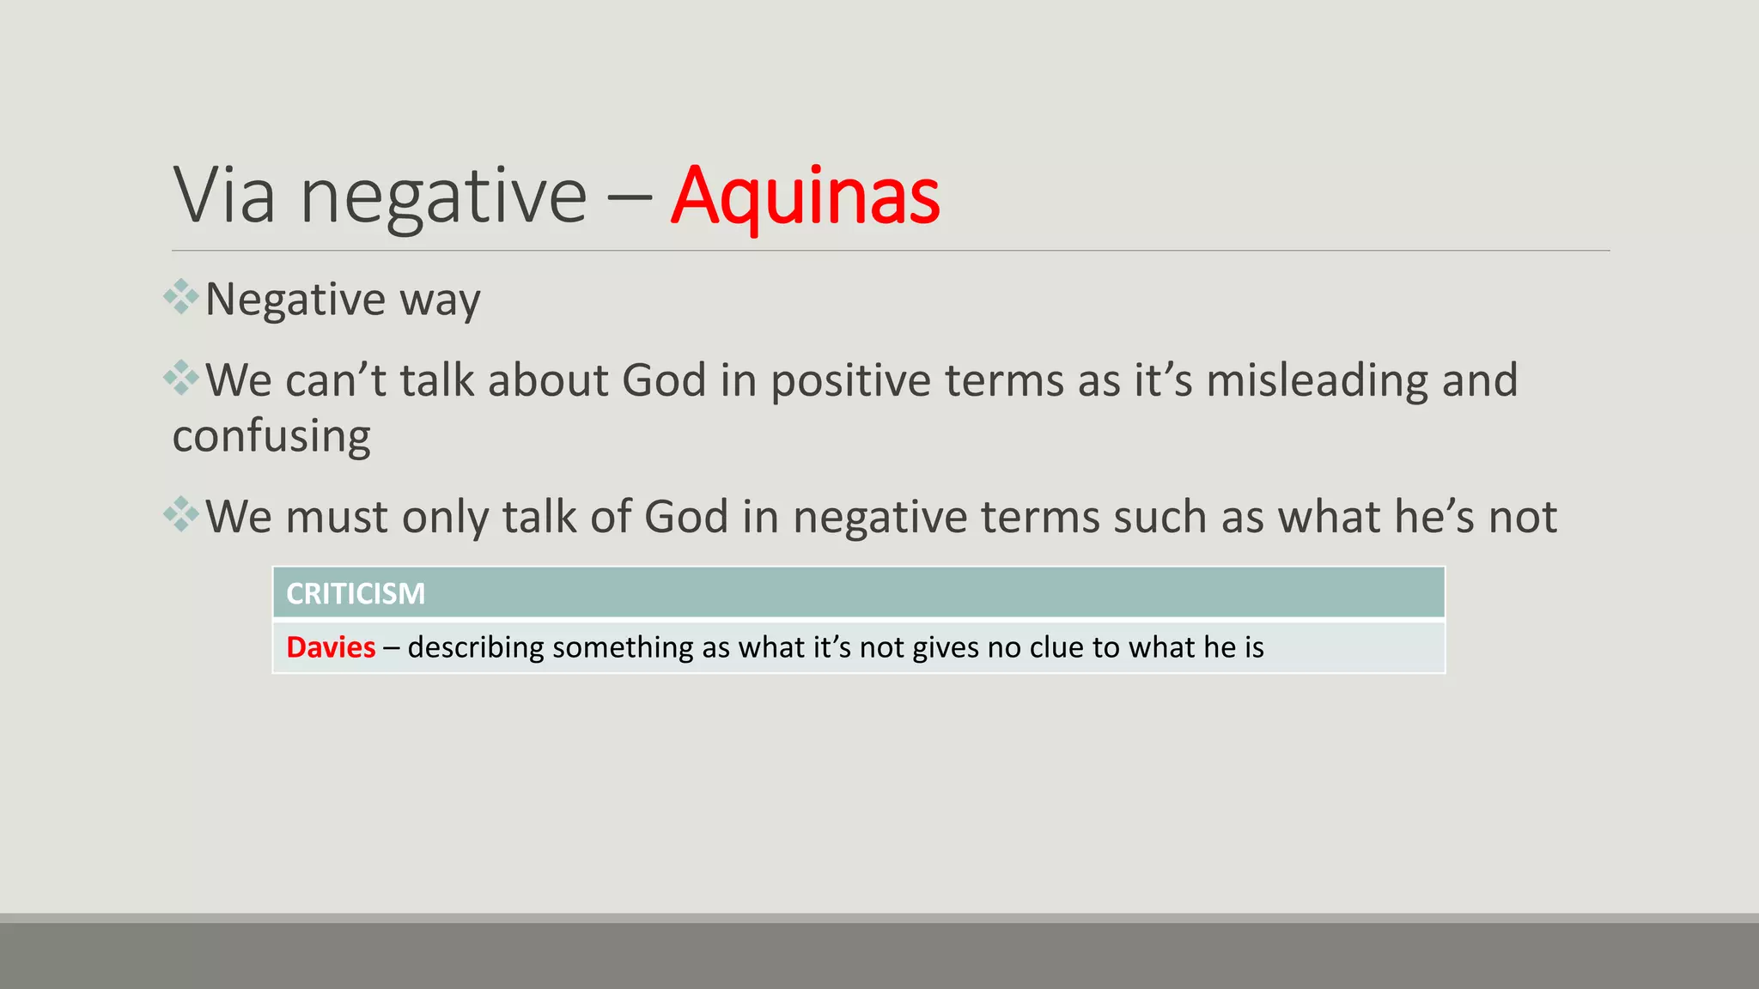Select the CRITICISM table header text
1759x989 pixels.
click(356, 593)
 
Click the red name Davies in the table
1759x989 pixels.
click(331, 647)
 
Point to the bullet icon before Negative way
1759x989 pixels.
click(181, 297)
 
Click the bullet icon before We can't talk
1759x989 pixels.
click(181, 378)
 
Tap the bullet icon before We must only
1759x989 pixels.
click(181, 514)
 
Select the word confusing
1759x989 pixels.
click(271, 437)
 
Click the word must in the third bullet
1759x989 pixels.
click(336, 518)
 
